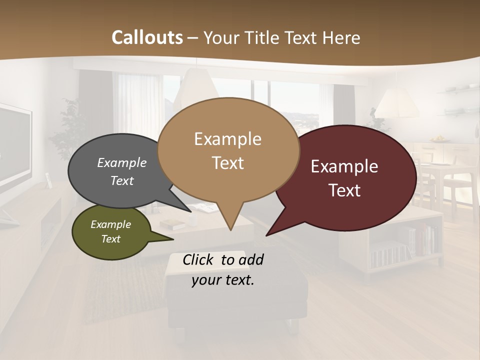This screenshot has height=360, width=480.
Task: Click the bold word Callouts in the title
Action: (x=147, y=37)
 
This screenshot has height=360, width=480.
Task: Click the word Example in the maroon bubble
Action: (x=344, y=166)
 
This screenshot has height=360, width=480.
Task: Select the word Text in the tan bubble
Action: (x=228, y=163)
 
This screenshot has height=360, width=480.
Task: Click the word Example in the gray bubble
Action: (x=122, y=163)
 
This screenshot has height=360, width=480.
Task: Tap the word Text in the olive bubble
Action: (x=111, y=239)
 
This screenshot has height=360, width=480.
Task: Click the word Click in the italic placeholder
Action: (x=198, y=259)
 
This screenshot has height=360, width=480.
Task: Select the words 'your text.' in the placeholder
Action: (x=223, y=280)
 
